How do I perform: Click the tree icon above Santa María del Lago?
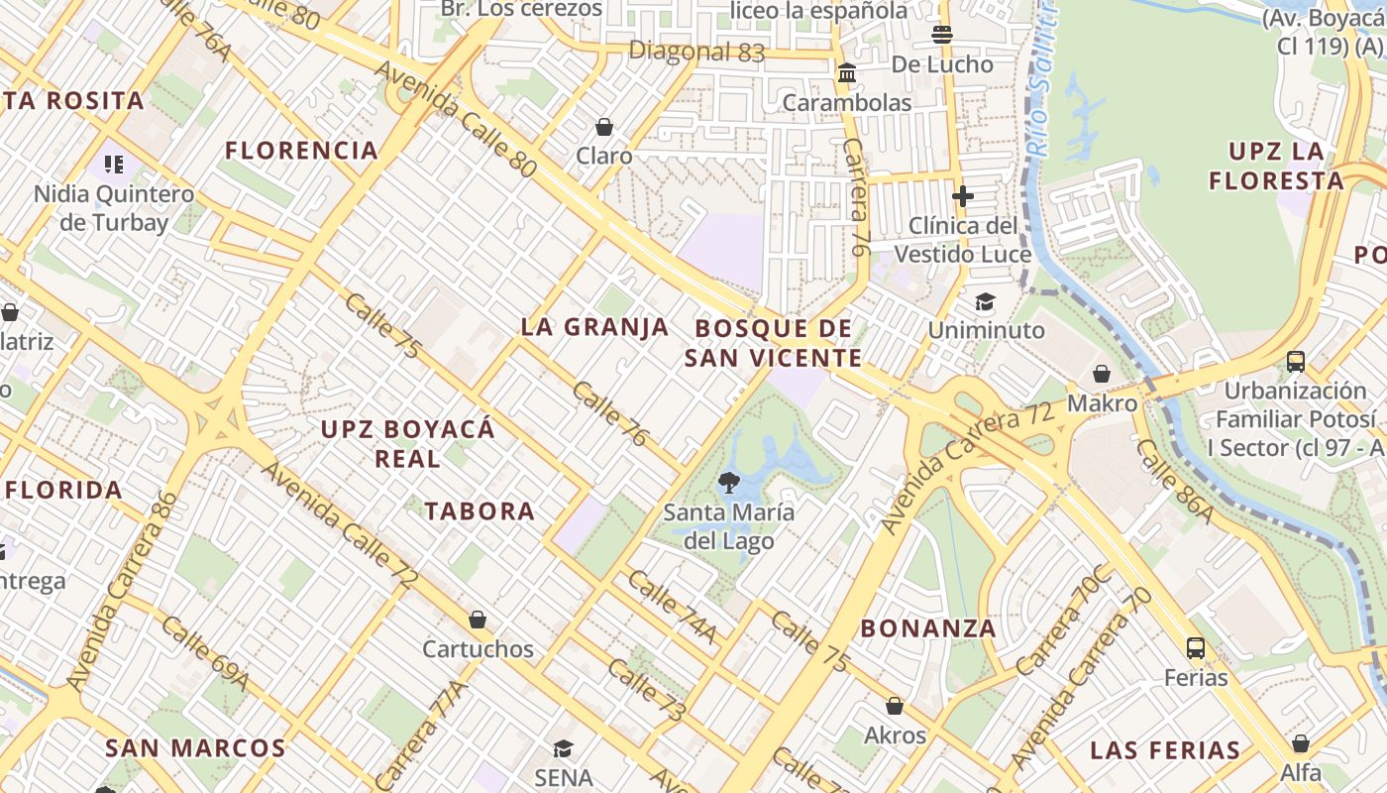click(x=729, y=483)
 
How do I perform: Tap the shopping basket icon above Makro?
click(x=1101, y=374)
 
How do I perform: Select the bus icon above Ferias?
click(x=1196, y=648)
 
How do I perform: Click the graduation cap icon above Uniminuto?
click(x=985, y=301)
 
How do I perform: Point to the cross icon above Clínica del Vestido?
click(x=962, y=195)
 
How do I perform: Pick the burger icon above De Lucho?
click(x=941, y=35)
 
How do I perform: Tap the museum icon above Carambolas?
click(x=847, y=73)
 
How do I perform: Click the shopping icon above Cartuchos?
click(x=478, y=620)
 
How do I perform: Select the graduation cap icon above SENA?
click(x=563, y=748)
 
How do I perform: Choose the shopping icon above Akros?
click(x=895, y=706)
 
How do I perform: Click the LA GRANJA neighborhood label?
click(x=594, y=327)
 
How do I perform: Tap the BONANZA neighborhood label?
click(x=927, y=628)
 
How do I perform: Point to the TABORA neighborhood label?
click(x=480, y=511)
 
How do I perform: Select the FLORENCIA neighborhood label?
click(x=301, y=151)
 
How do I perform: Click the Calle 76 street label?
click(x=609, y=413)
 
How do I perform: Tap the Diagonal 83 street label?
click(x=696, y=52)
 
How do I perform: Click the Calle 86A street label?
click(x=1174, y=481)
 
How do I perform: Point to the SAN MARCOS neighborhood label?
click(x=195, y=748)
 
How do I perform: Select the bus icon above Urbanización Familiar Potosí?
click(x=1295, y=362)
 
